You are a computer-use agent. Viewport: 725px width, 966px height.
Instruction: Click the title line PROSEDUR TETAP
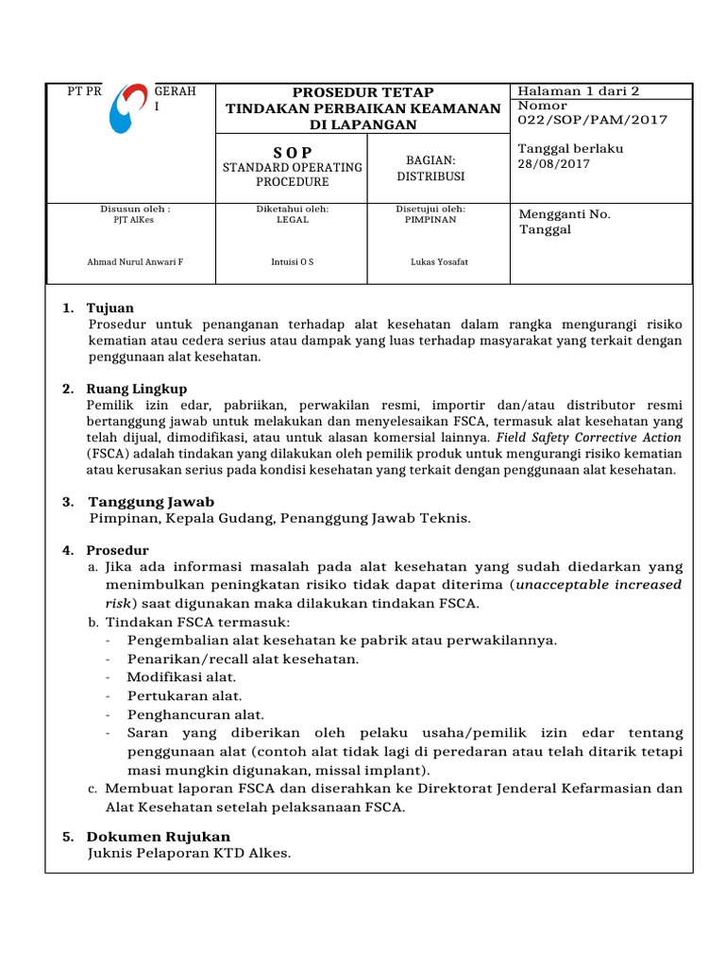[363, 92]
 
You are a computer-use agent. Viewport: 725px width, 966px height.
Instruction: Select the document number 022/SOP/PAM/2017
[592, 120]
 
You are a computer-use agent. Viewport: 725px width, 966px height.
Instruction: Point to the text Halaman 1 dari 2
[579, 92]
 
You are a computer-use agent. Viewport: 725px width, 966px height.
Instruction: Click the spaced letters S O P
[293, 152]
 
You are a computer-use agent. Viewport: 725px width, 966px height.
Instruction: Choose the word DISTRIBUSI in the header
[430, 175]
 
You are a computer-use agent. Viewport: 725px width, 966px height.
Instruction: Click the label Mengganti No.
[565, 214]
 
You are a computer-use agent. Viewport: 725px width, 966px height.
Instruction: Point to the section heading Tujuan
[110, 308]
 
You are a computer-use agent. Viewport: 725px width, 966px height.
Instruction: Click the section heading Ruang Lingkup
[137, 389]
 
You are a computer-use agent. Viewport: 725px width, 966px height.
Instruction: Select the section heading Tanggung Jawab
[151, 502]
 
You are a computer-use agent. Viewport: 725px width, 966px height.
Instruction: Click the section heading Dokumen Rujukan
[159, 836]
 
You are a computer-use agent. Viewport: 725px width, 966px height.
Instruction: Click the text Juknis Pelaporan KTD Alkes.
[190, 854]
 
